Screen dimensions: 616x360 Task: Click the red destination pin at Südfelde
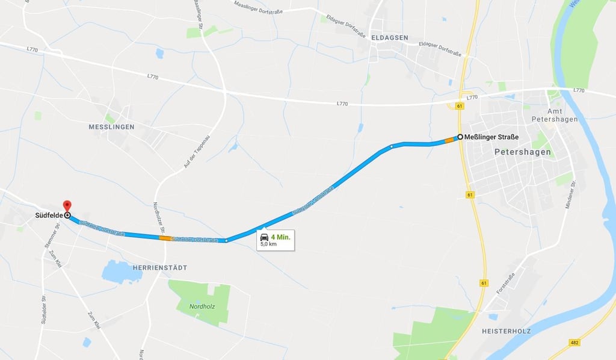67,206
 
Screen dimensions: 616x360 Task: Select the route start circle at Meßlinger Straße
460,137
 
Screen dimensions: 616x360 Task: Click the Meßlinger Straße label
491,137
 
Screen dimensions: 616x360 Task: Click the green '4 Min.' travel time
280,237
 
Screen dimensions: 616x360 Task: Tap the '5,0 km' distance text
269,244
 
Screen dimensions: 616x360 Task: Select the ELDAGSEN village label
389,37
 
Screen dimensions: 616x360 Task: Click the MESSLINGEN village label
111,127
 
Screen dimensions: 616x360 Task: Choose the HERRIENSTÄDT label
159,267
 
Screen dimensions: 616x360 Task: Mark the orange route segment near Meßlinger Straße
449,140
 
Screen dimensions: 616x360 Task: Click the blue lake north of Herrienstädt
122,272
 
